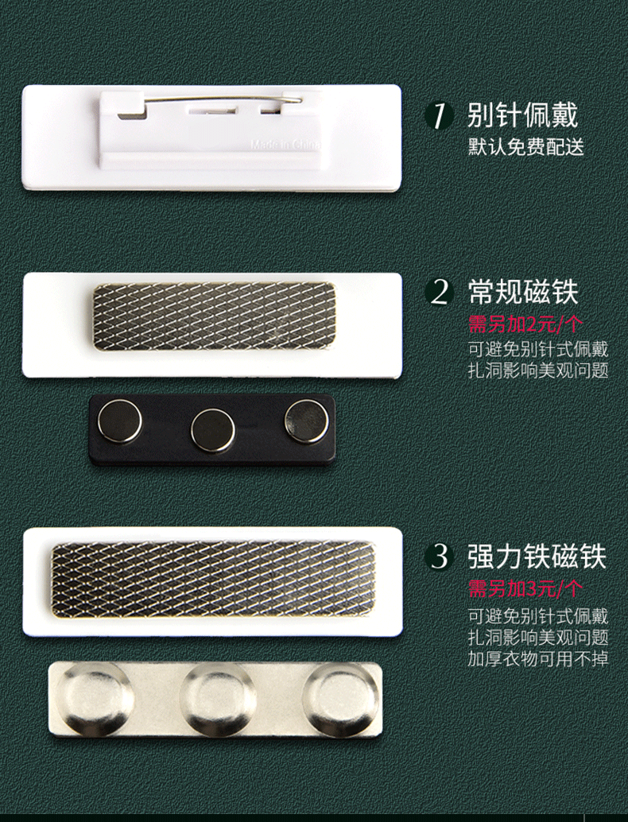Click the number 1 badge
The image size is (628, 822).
click(440, 116)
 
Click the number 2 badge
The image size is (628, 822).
click(440, 292)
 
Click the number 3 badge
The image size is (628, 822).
click(440, 556)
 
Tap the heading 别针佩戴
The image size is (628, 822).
click(522, 115)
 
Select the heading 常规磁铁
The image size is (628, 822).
click(522, 292)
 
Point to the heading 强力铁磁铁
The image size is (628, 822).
click(537, 556)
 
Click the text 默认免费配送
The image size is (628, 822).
click(525, 147)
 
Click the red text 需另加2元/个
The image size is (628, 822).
click(525, 324)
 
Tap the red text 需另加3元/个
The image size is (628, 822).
click(525, 589)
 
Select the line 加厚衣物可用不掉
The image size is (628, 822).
click(538, 658)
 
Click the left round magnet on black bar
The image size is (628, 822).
click(120, 421)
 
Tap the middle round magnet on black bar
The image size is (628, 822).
click(212, 429)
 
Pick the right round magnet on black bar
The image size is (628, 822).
click(306, 421)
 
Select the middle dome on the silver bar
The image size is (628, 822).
click(218, 700)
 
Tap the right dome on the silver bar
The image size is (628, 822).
click(341, 699)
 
